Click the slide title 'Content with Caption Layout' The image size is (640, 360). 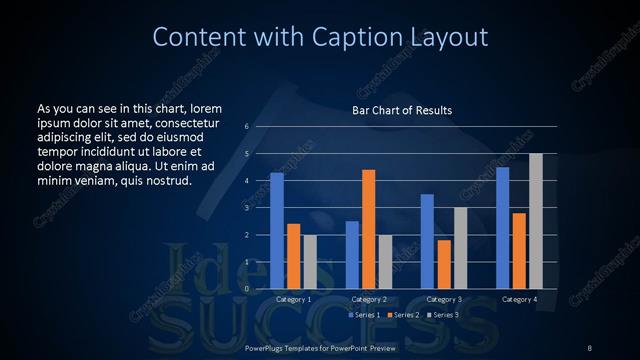tap(319, 38)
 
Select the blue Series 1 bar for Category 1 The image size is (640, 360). tap(277, 230)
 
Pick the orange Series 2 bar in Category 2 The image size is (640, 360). tap(368, 229)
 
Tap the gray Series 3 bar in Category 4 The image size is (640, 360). tap(535, 221)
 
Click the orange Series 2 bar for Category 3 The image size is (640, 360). tap(443, 264)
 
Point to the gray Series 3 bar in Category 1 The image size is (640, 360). tap(309, 261)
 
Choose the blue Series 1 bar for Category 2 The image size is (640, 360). tap(352, 254)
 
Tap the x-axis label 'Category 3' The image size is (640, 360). tap(443, 299)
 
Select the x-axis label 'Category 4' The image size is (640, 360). tap(519, 299)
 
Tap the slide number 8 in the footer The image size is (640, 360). tap(589, 347)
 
